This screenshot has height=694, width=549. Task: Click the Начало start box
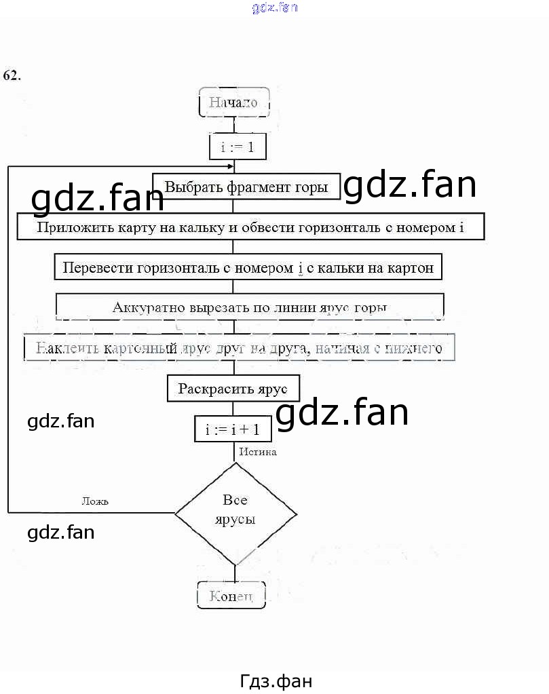tap(233, 103)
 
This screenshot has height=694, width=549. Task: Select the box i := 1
tap(233, 146)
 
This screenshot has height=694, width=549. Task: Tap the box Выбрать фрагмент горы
tap(246, 187)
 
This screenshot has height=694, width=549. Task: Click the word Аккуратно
tap(144, 307)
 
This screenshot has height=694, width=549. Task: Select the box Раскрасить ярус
tap(233, 389)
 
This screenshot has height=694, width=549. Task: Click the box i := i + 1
tap(233, 429)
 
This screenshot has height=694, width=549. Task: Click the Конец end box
tap(231, 596)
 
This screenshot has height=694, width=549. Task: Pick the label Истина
tap(258, 452)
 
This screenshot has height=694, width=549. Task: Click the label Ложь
tap(95, 501)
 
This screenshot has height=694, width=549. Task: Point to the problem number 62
tap(12, 75)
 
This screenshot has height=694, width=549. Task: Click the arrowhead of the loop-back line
tap(231, 166)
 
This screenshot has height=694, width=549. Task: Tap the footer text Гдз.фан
tap(276, 680)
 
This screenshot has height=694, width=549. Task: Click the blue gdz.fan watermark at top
tap(274, 8)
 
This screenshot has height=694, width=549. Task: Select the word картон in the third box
tap(410, 267)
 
